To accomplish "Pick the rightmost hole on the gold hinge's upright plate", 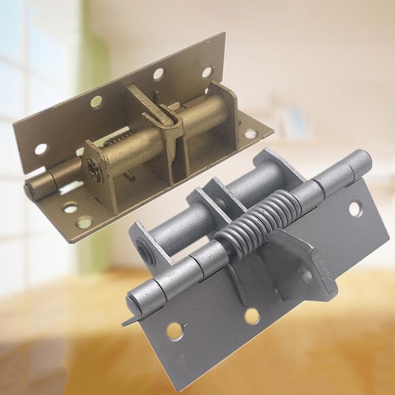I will coord(207,72).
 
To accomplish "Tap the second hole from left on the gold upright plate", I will coord(96,102).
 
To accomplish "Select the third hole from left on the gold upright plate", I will coord(158,75).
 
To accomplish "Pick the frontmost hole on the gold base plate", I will coord(84,222).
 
